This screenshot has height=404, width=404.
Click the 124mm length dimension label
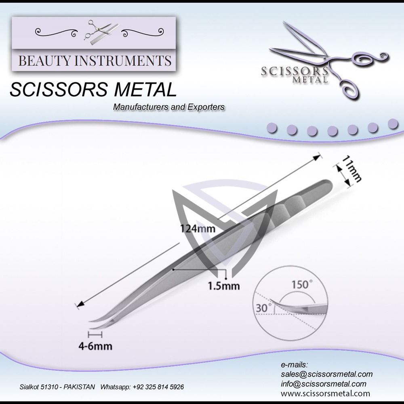(197, 229)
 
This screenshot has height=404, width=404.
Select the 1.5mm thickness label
(223, 286)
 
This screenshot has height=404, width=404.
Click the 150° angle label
(301, 284)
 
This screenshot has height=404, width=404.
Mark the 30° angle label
(263, 308)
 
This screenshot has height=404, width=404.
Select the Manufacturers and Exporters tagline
(169, 107)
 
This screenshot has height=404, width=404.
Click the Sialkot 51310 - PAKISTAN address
(58, 387)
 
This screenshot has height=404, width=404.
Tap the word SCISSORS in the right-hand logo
(294, 72)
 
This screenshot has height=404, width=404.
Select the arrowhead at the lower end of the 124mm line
(79, 304)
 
